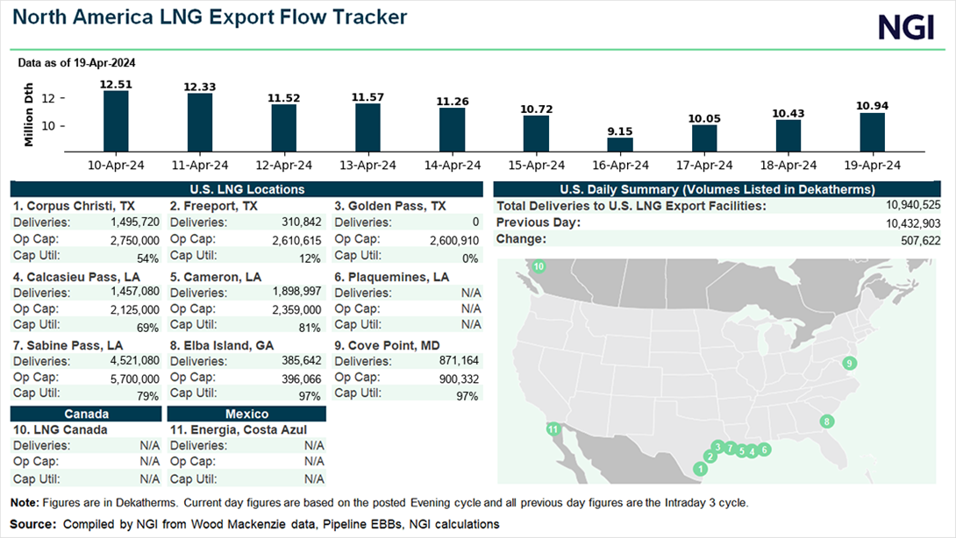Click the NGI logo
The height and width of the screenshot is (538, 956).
coord(906,28)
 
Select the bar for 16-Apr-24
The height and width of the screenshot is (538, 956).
coord(620,145)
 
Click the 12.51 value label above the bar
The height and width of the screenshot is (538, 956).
coord(116,84)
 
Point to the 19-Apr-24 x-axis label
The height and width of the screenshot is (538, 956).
coord(872,165)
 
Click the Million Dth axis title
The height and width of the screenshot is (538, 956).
coord(29,115)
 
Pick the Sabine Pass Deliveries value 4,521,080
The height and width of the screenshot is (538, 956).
coord(135,361)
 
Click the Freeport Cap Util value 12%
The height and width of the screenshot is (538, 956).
coord(310,258)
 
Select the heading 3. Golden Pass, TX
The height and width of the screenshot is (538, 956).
coord(390,206)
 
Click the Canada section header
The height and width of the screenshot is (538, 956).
coord(86,414)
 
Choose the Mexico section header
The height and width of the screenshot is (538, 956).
coord(246,414)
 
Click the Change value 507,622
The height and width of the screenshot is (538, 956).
coord(921,241)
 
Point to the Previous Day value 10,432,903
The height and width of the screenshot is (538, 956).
coord(913,223)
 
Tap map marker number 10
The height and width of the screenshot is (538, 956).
coord(539,266)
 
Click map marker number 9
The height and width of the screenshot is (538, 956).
coord(849,363)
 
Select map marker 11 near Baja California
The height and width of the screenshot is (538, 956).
coord(553,429)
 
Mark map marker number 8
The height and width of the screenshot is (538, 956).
coord(827,421)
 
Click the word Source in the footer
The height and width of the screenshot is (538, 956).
coord(32,524)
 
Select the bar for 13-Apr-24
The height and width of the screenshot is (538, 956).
coord(367,127)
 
